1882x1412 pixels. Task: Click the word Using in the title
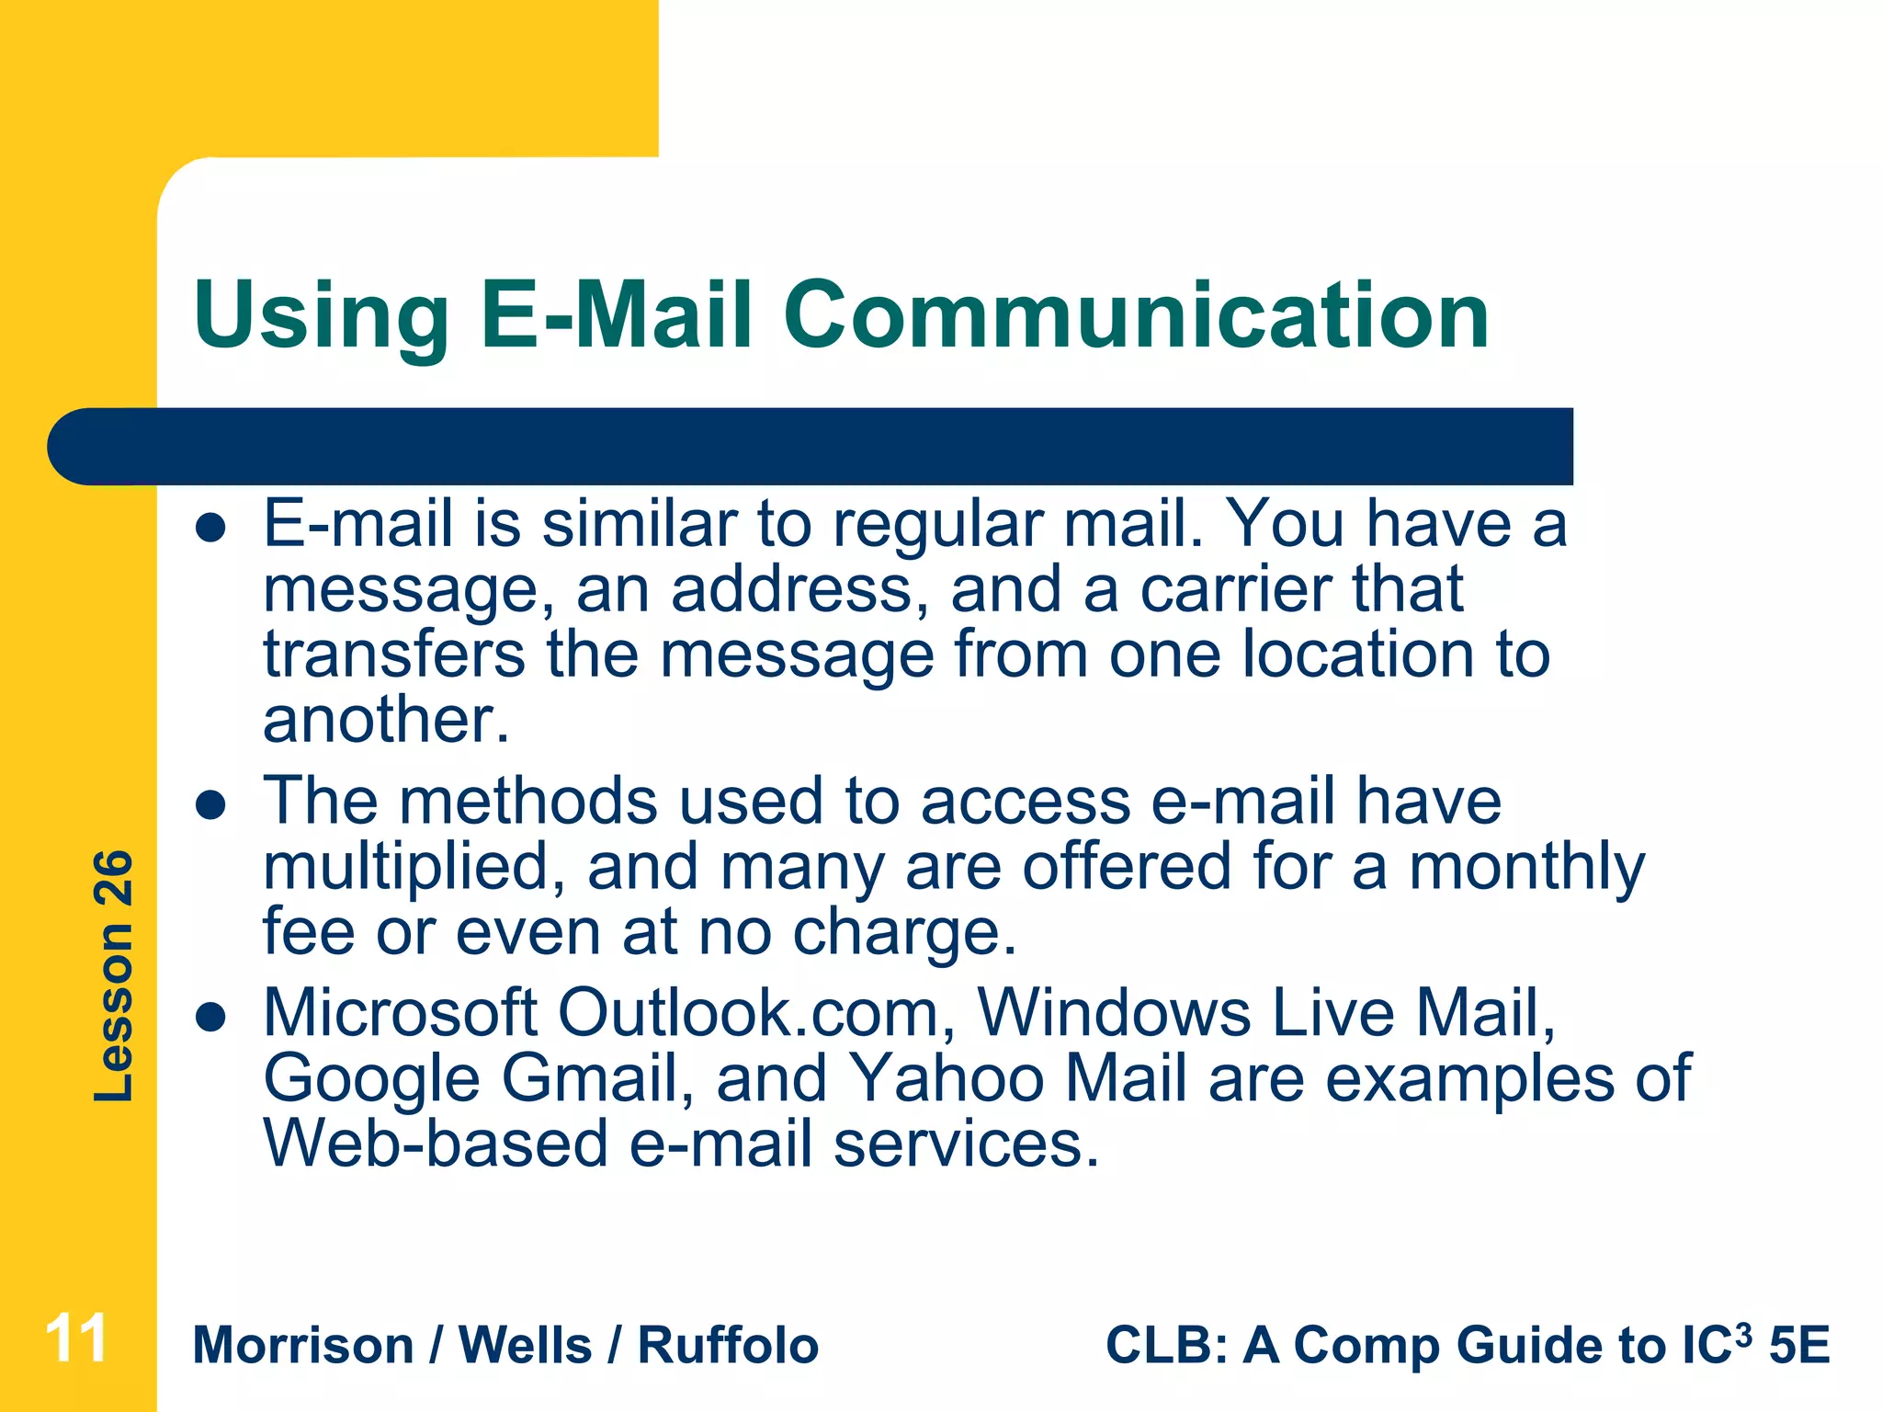(321, 317)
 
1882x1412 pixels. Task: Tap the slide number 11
(77, 1338)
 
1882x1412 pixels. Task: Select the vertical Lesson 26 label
(114, 975)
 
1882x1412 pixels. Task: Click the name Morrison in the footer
(303, 1346)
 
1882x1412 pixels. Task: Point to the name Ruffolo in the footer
(728, 1346)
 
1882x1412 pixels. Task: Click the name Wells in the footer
(525, 1346)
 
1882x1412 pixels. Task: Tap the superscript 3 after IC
(1743, 1332)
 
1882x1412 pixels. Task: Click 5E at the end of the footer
(1799, 1346)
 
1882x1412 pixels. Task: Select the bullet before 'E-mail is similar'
(211, 529)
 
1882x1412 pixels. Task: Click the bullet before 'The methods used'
(211, 806)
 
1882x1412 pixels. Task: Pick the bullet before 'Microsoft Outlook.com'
(211, 1018)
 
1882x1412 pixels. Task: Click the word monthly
(1526, 869)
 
